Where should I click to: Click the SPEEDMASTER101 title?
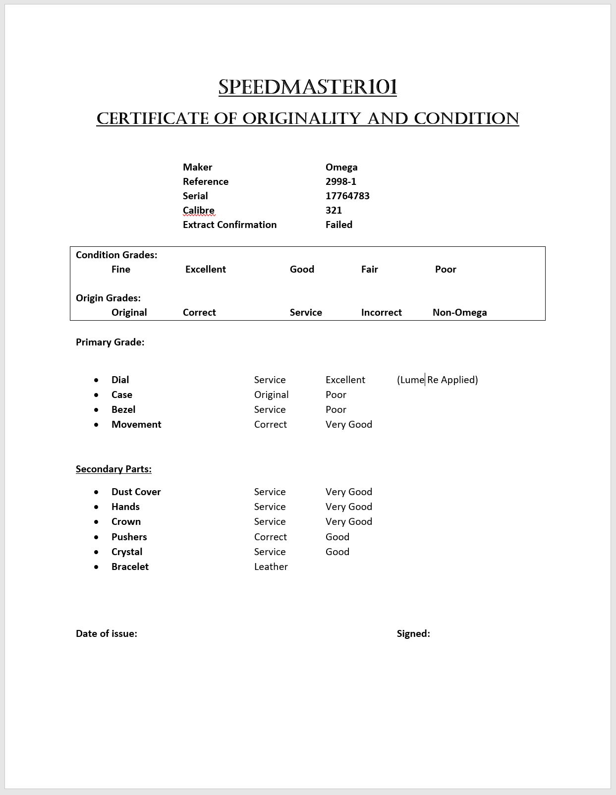pyautogui.click(x=308, y=87)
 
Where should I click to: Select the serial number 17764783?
pyautogui.click(x=347, y=196)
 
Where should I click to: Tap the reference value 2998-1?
pyautogui.click(x=341, y=181)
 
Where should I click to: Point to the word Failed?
pyautogui.click(x=339, y=225)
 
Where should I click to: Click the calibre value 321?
pyautogui.click(x=334, y=210)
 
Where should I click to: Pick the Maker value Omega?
pyautogui.click(x=341, y=167)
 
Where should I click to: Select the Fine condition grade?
pyautogui.click(x=121, y=269)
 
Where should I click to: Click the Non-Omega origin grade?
pyautogui.click(x=459, y=312)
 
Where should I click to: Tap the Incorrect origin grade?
pyautogui.click(x=381, y=312)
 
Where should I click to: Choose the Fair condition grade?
pyautogui.click(x=369, y=269)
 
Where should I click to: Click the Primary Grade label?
pyautogui.click(x=110, y=342)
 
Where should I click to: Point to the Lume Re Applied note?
pyautogui.click(x=437, y=380)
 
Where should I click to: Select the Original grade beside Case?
pyautogui.click(x=271, y=395)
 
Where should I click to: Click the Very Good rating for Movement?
pyautogui.click(x=348, y=424)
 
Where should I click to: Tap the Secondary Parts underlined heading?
pyautogui.click(x=113, y=469)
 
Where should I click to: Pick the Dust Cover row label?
pyautogui.click(x=136, y=492)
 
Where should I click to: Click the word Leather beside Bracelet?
pyautogui.click(x=271, y=567)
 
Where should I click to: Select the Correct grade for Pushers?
pyautogui.click(x=270, y=537)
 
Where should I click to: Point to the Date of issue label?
pyautogui.click(x=107, y=633)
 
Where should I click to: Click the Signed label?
pyautogui.click(x=413, y=633)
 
